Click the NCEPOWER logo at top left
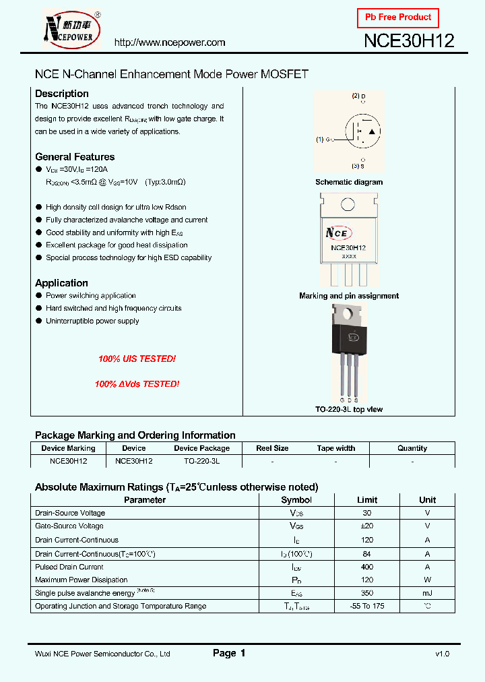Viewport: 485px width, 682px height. click(71, 30)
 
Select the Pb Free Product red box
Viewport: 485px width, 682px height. click(397, 18)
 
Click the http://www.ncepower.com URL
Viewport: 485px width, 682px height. click(170, 42)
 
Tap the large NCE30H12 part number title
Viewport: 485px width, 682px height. click(409, 40)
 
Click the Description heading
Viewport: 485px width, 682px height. click(62, 94)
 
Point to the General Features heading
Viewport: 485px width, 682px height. click(75, 157)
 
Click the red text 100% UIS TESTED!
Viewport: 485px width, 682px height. click(137, 360)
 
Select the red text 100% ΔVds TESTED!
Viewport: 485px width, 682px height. click(137, 384)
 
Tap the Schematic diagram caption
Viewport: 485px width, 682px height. click(349, 182)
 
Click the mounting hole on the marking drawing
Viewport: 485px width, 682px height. click(348, 205)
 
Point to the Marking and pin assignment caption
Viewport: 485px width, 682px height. click(349, 296)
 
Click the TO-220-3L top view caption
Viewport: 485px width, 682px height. click(349, 410)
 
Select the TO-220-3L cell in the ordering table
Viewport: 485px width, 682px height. click(201, 462)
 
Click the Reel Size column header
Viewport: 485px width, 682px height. click(272, 448)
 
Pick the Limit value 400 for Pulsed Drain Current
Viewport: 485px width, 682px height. click(367, 567)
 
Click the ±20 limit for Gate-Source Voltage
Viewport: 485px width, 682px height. click(367, 526)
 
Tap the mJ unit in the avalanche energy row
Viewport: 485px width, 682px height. click(427, 593)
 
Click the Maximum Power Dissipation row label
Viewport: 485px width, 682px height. click(81, 580)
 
